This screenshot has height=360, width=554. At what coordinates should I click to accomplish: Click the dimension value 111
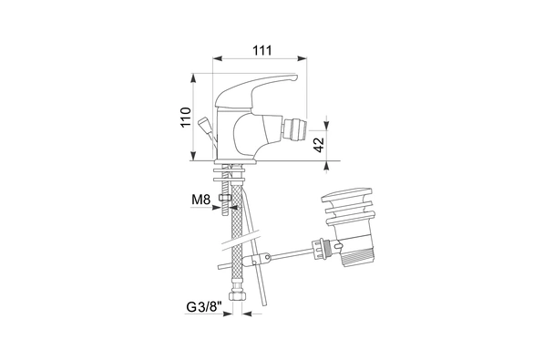tap(262, 51)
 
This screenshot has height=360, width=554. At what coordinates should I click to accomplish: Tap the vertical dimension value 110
tap(186, 118)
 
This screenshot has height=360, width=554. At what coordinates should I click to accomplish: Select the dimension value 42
tap(319, 145)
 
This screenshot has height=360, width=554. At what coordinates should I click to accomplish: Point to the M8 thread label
tap(200, 200)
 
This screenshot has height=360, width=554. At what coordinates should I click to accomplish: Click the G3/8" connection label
tap(204, 307)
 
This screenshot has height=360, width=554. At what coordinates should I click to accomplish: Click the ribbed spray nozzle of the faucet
tap(294, 129)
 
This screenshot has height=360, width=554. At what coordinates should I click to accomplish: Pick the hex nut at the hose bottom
tap(236, 295)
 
